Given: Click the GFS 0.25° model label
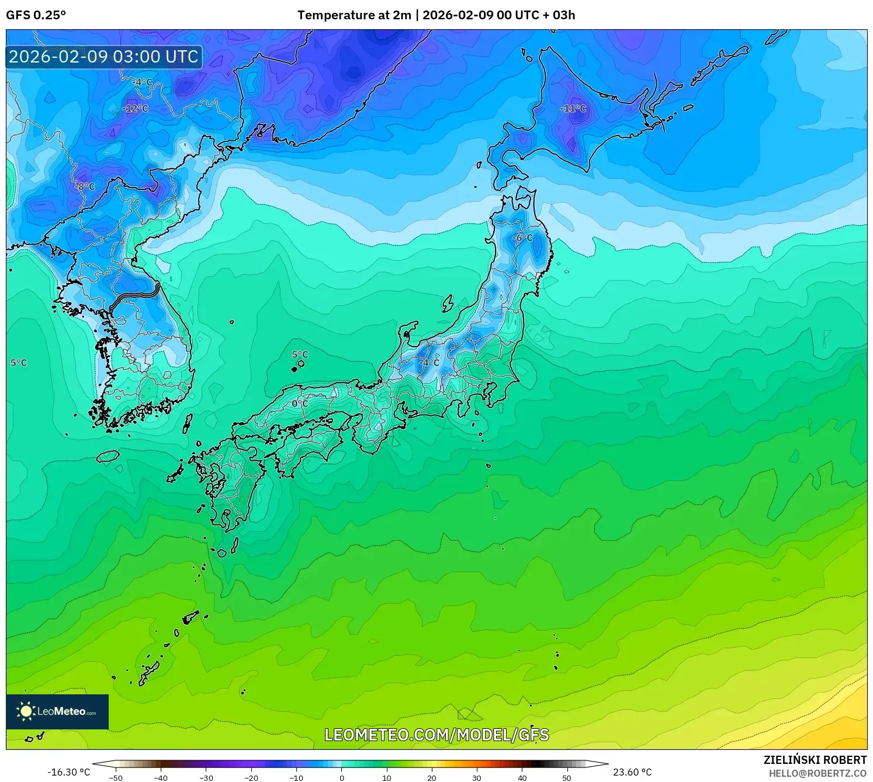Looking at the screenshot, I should (36, 15).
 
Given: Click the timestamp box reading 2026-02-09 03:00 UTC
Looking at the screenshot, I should (104, 57).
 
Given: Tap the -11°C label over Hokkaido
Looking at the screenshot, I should (573, 109).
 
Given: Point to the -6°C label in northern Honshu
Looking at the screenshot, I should (522, 238).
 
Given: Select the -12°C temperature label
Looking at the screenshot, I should (135, 109).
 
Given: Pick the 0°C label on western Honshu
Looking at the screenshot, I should (300, 403).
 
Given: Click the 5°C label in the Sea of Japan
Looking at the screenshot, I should (300, 355).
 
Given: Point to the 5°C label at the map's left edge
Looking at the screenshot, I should (19, 363).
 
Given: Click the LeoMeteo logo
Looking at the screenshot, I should (57, 711).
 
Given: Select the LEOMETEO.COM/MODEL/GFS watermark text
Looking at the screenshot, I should (437, 735).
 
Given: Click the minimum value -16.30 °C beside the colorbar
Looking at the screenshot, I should (69, 772).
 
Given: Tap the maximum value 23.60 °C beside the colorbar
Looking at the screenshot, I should (632, 772).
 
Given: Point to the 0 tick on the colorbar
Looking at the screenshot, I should (342, 778).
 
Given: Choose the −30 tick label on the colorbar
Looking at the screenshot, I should (206, 778).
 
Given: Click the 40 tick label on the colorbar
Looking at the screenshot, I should (522, 778).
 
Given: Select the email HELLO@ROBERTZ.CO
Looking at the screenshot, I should (817, 773).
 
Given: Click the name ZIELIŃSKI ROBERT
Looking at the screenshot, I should (815, 760).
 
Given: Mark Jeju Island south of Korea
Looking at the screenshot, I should (108, 456).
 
